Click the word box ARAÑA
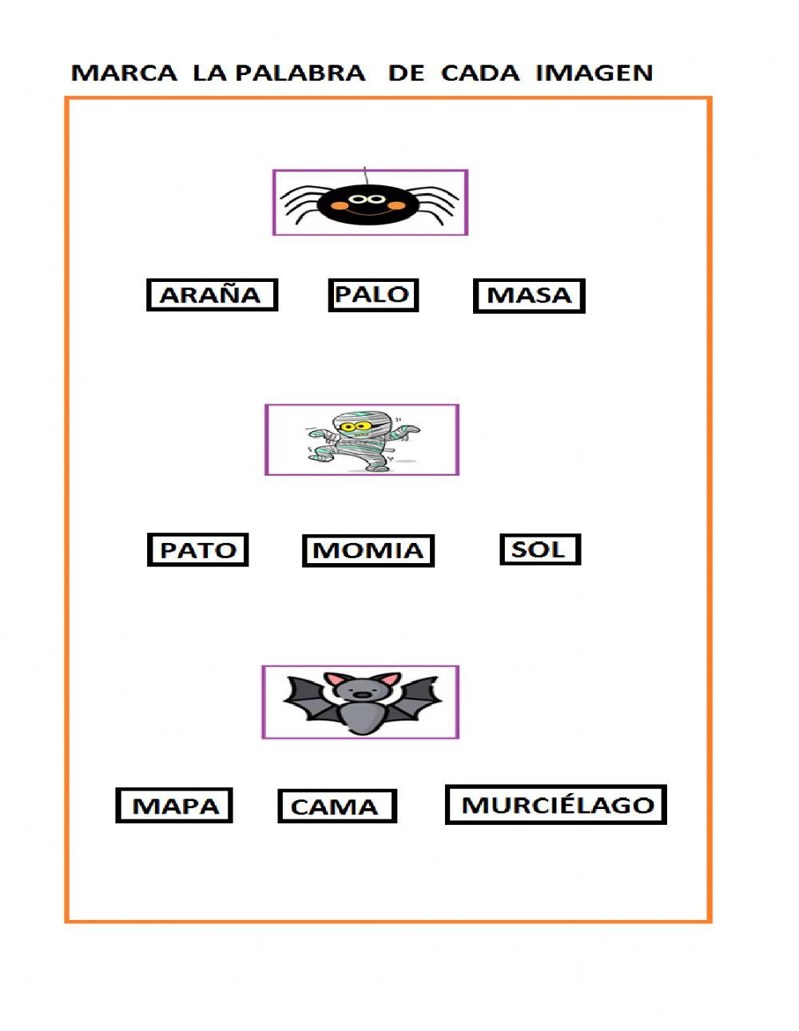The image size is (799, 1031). click(212, 295)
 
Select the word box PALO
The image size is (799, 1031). click(373, 295)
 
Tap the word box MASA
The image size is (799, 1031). click(529, 295)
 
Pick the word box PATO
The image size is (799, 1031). click(198, 550)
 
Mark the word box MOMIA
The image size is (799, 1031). click(368, 550)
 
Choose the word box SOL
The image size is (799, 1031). click(539, 549)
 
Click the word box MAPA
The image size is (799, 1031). click(174, 805)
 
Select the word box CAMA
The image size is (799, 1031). click(336, 807)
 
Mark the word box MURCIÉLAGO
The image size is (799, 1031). click(556, 804)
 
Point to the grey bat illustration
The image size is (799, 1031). click(361, 702)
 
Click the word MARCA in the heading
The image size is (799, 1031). click(124, 73)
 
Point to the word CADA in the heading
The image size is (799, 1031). click(479, 73)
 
